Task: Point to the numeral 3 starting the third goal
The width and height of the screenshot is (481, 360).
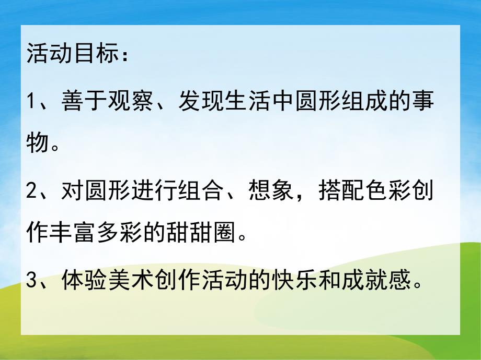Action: [33, 282]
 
